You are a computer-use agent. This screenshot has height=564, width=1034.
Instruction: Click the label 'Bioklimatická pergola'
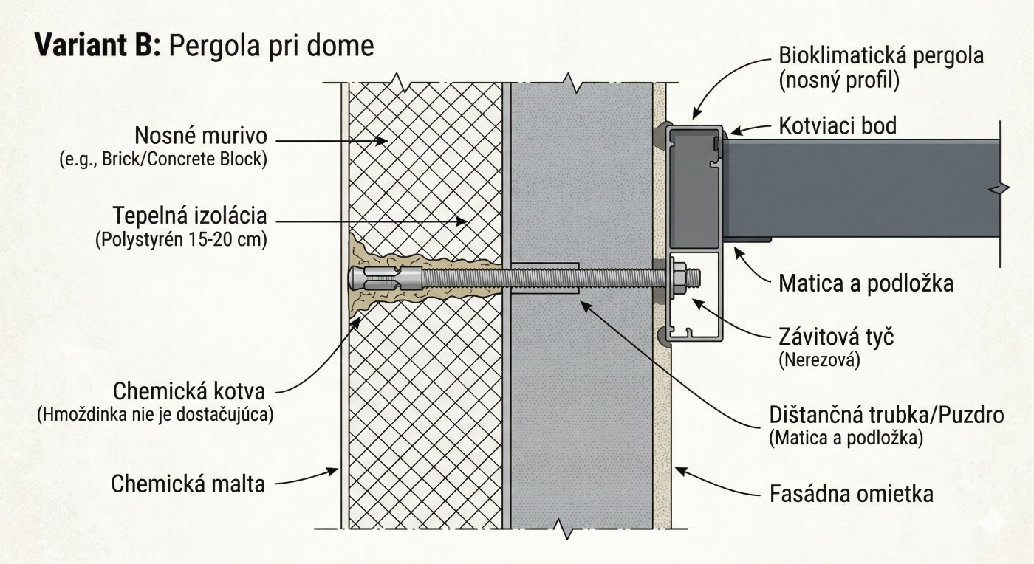(881, 56)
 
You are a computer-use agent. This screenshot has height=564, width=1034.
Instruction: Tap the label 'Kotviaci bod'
(838, 126)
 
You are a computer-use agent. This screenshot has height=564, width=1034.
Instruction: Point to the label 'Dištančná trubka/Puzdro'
(886, 415)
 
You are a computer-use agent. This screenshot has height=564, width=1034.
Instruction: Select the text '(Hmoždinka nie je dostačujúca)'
(156, 414)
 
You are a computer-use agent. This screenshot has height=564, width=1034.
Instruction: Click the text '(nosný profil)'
(839, 80)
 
